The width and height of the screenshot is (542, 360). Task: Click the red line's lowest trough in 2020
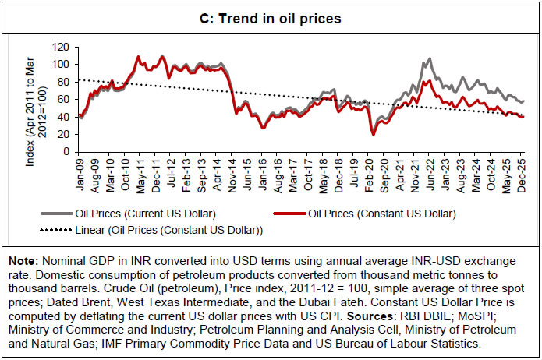(374, 135)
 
